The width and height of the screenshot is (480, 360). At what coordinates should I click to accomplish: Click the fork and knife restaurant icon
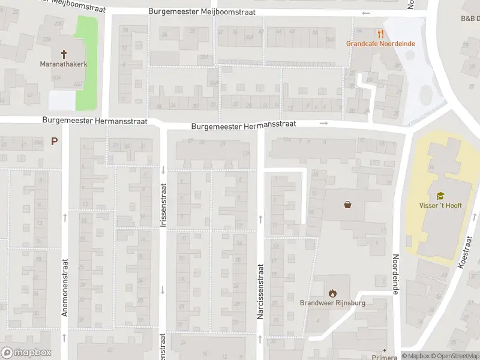tap(380, 34)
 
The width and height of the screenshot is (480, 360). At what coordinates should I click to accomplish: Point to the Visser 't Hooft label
tap(440, 205)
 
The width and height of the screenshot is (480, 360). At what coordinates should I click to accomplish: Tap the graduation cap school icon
tap(440, 196)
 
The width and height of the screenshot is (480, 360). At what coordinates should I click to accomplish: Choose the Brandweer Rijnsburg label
tap(332, 302)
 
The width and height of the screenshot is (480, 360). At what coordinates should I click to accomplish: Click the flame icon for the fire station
tap(332, 293)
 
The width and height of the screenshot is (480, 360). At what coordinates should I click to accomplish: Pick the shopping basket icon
tap(347, 205)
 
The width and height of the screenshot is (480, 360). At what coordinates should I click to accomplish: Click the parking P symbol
tap(55, 142)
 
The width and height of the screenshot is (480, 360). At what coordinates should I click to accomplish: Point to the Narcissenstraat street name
tap(260, 291)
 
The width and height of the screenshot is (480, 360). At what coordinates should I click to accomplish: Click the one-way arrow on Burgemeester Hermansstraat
tap(324, 124)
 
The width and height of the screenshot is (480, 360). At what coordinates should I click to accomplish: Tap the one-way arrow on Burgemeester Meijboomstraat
tap(366, 13)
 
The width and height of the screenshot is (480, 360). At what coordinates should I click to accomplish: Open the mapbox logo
tap(26, 353)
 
